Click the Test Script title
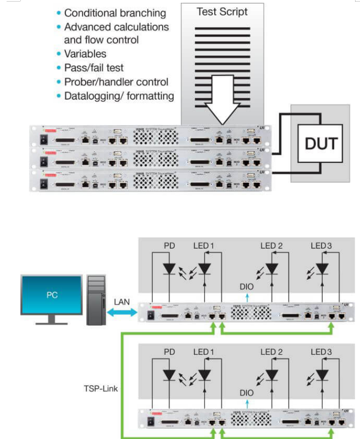[221, 11]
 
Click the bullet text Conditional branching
[115, 13]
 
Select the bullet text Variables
[85, 54]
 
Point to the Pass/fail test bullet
[94, 68]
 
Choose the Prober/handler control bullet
[116, 82]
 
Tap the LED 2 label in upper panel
[272, 245]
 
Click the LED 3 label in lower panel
[322, 352]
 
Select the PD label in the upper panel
[169, 245]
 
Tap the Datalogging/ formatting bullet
[119, 96]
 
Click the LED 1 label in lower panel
[204, 352]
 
